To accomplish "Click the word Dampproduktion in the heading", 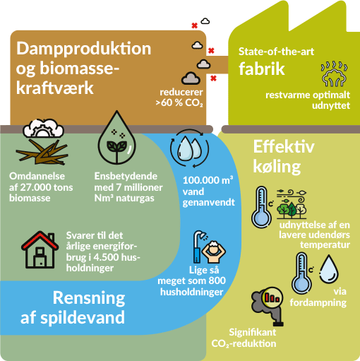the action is pyautogui.click(x=83, y=49).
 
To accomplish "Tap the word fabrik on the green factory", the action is pyautogui.click(x=262, y=69).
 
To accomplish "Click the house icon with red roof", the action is pyautogui.click(x=40, y=249).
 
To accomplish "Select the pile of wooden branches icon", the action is pyautogui.click(x=42, y=152).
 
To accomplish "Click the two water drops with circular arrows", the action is pyautogui.click(x=189, y=148).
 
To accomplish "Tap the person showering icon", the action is pyautogui.click(x=209, y=247).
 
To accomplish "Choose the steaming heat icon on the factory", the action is pyautogui.click(x=334, y=73).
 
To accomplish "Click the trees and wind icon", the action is pyautogui.click(x=292, y=204).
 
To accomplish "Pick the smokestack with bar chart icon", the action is pyautogui.click(x=268, y=306).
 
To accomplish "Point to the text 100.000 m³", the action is pyautogui.click(x=208, y=180).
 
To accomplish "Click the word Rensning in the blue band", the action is pyautogui.click(x=89, y=299).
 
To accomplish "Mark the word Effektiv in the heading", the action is pyautogui.click(x=284, y=147).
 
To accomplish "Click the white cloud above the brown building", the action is pyautogui.click(x=205, y=21).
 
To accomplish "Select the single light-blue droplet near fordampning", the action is pyautogui.click(x=329, y=268).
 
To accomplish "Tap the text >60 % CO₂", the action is pyautogui.click(x=179, y=103).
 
